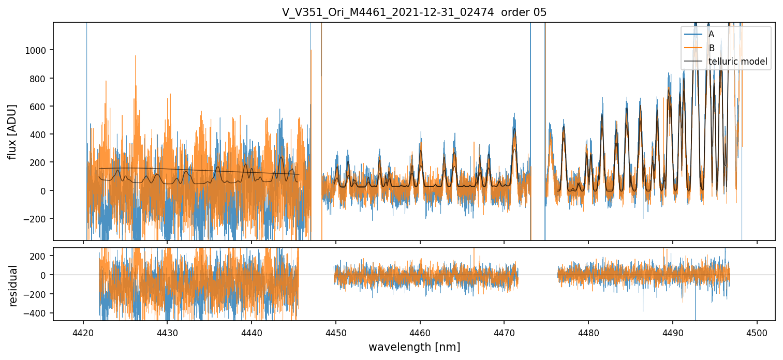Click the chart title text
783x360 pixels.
414,12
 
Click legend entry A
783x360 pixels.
711,34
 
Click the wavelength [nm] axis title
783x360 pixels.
414,347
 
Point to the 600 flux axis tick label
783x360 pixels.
41,107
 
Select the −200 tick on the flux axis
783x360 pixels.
39,219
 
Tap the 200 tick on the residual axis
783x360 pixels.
41,256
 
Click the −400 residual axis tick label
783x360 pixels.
39,313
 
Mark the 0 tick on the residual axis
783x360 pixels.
46,275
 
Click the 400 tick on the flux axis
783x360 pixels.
41,134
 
